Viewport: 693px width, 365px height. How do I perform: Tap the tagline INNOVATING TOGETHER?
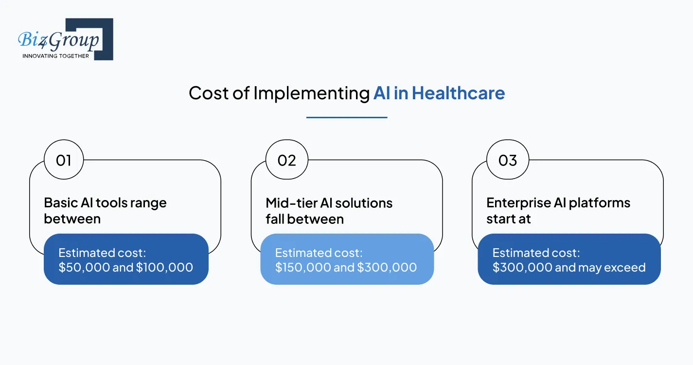click(x=55, y=56)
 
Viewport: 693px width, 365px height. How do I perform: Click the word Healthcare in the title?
click(x=458, y=93)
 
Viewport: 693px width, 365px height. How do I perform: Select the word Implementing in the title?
click(x=312, y=93)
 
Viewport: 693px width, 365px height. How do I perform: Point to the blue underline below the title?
click(x=347, y=117)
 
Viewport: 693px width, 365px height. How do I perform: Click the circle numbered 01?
click(x=64, y=160)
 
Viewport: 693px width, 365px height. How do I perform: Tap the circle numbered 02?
click(x=286, y=160)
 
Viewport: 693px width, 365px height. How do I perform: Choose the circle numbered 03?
click(x=508, y=160)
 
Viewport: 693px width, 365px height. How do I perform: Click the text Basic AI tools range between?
click(x=105, y=211)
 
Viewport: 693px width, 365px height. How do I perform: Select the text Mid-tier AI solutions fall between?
click(x=329, y=211)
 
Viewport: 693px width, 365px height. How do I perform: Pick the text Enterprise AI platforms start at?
click(x=558, y=211)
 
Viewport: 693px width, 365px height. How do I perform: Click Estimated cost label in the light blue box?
click(x=318, y=253)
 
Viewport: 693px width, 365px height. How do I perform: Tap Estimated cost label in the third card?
click(x=535, y=253)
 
